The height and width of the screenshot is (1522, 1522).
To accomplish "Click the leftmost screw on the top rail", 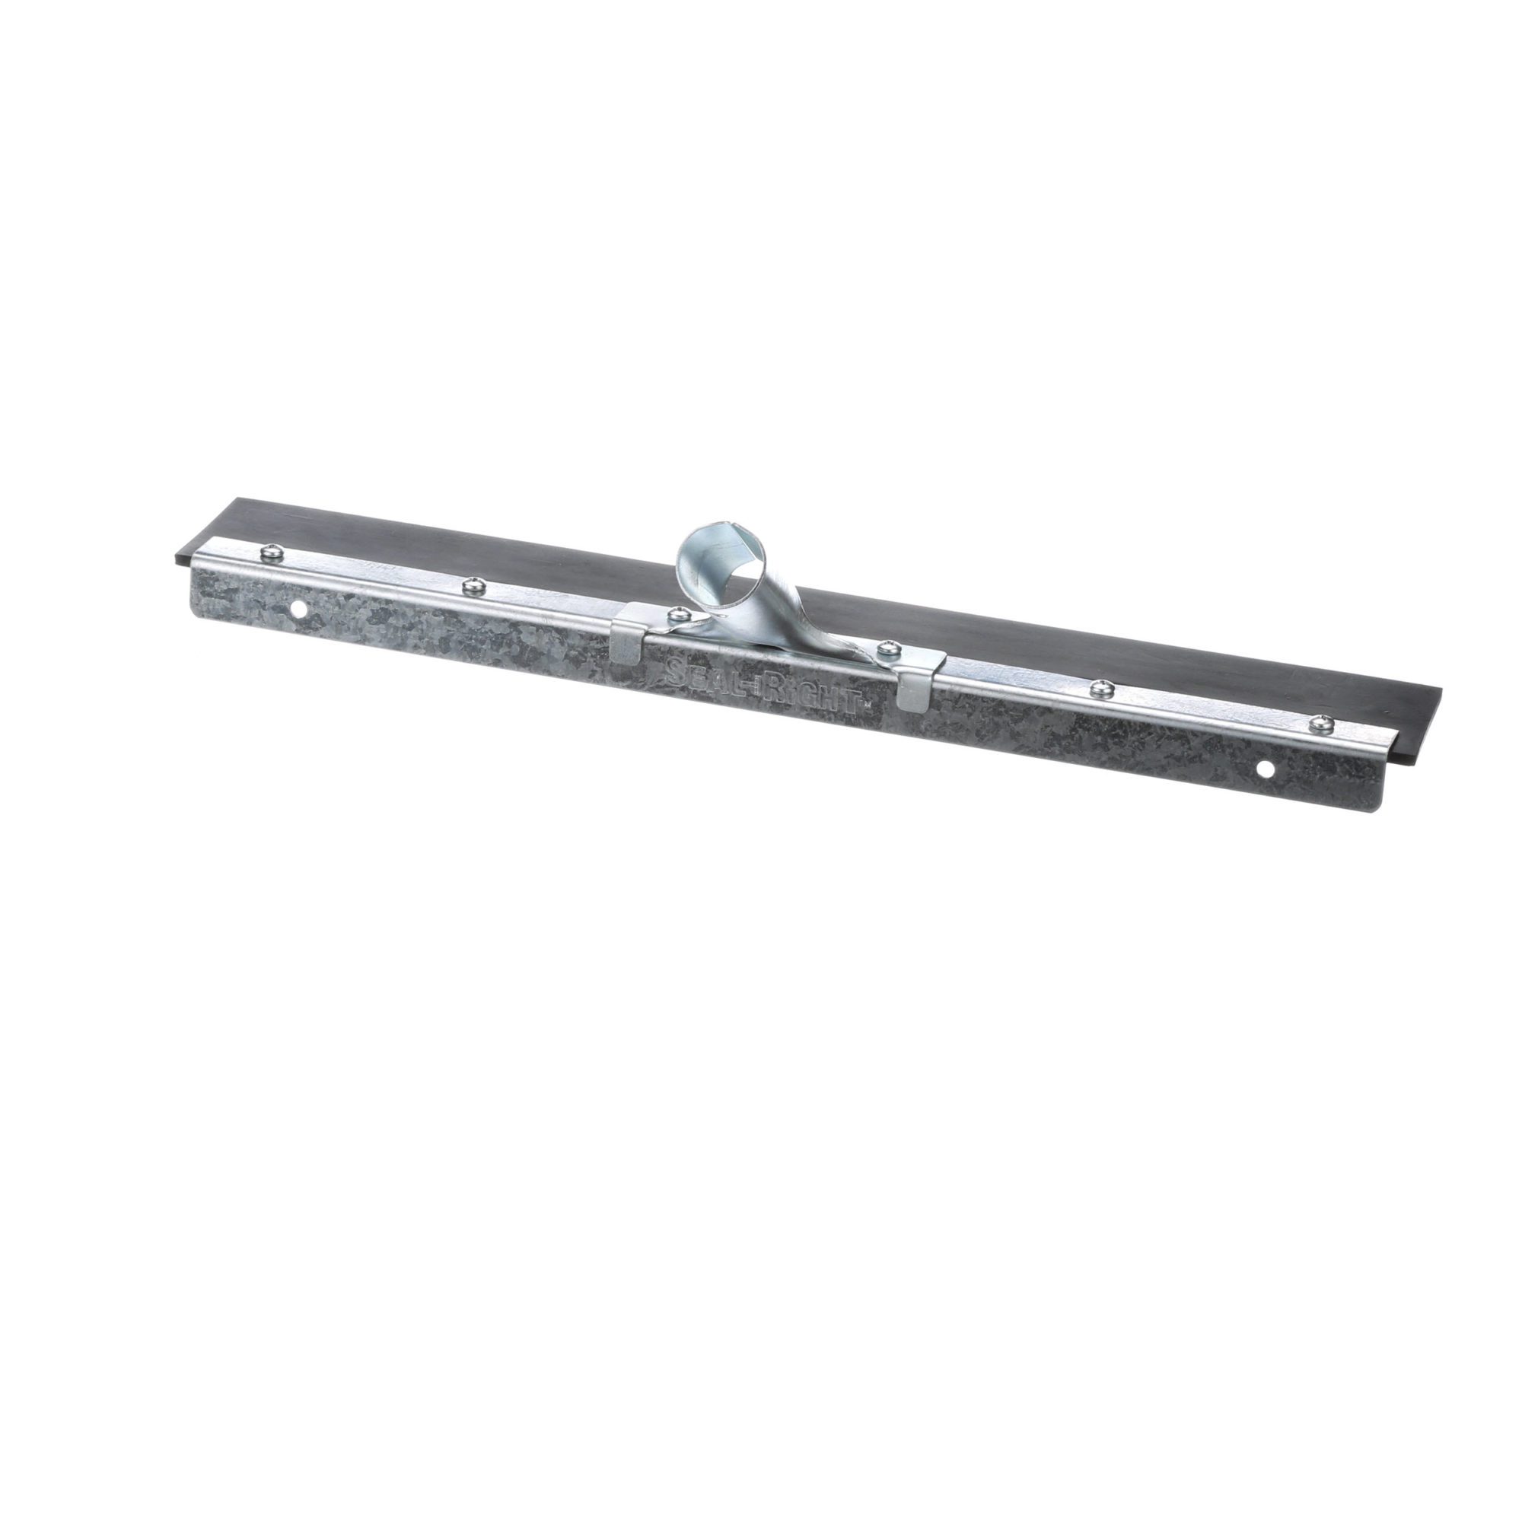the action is click(269, 555).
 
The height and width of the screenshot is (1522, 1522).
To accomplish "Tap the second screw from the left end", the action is click(473, 584).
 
